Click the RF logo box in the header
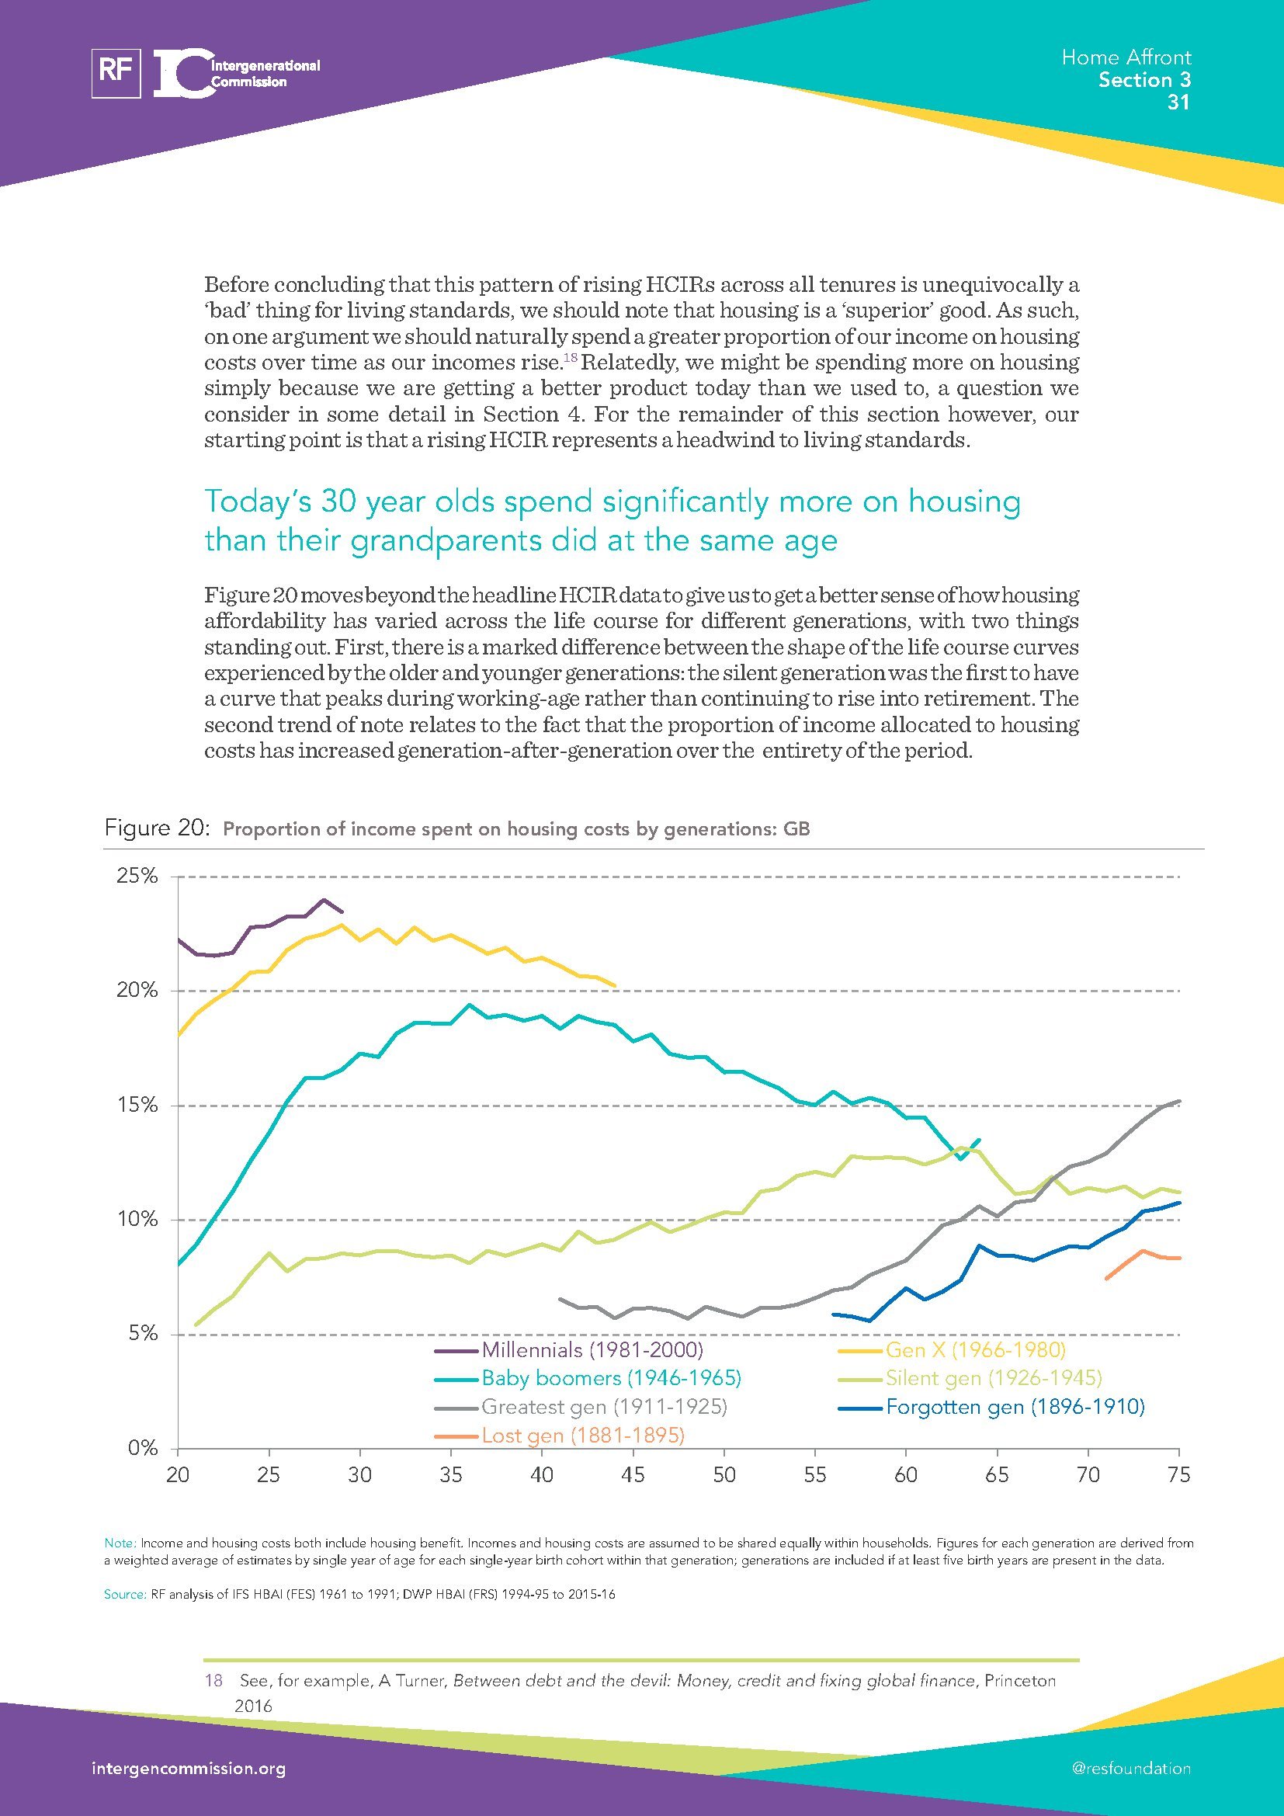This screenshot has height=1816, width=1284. [x=116, y=74]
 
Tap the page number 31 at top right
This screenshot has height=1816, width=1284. [x=1178, y=102]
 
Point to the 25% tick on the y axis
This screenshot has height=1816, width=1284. [x=137, y=877]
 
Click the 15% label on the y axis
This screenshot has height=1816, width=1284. [x=137, y=1106]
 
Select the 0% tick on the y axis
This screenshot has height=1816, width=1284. [x=143, y=1448]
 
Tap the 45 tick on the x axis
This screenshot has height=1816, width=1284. [x=633, y=1475]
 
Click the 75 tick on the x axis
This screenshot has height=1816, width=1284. [x=1178, y=1475]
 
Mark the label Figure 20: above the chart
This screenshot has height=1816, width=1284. [x=157, y=829]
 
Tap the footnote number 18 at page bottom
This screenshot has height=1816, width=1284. [x=213, y=1680]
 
